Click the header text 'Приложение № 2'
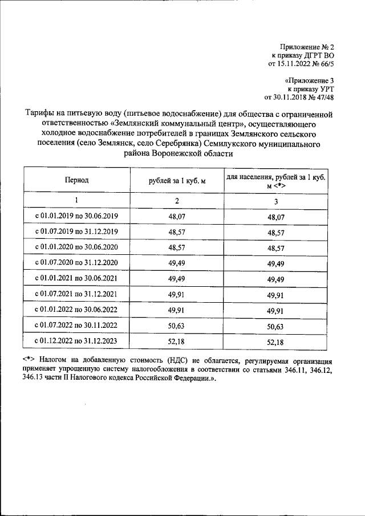coord(307,46)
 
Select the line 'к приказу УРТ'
coord(310,89)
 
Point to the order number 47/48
coord(324,97)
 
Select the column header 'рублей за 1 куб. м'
coord(177,180)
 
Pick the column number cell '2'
coord(177,201)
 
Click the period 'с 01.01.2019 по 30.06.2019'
coord(76,217)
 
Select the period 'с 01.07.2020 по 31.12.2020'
coord(76,263)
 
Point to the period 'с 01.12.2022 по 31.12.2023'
coord(76,342)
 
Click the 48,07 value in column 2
coord(177,217)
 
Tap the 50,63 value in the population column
coord(275,326)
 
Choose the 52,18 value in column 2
coord(177,342)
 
